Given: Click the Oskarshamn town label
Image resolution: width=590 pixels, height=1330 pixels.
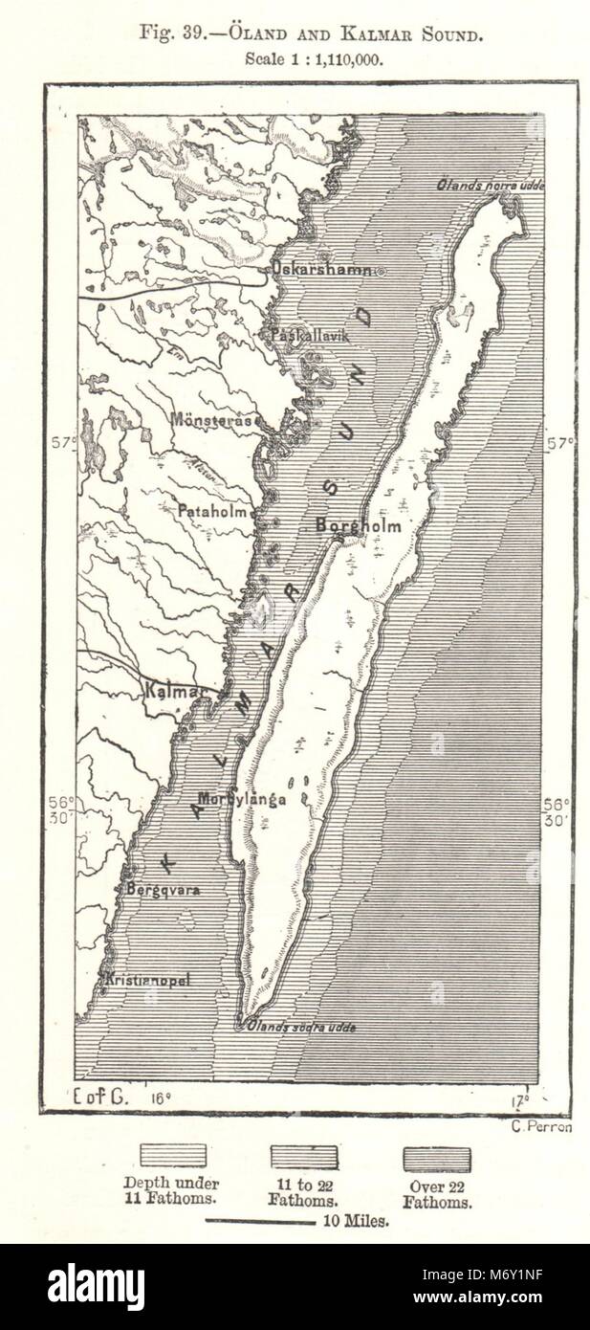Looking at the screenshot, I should (x=322, y=270).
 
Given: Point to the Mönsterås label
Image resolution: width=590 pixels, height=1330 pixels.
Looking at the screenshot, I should (x=213, y=419).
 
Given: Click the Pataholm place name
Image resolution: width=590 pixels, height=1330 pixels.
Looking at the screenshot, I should (x=215, y=511).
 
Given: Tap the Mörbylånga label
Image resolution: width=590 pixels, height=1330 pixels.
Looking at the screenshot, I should (x=243, y=799).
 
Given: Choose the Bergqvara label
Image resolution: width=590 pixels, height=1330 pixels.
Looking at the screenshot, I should (x=163, y=889).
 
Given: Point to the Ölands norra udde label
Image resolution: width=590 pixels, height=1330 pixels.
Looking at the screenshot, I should (x=491, y=185).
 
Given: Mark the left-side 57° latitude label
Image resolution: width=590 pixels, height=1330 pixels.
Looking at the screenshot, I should (x=64, y=442).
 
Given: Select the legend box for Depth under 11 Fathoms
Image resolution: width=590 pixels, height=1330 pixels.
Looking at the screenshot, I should (x=173, y=1160).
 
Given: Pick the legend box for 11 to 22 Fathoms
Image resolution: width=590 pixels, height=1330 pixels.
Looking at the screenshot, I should (x=304, y=1160).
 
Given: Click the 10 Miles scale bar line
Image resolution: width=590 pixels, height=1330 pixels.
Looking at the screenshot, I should (x=261, y=1222).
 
